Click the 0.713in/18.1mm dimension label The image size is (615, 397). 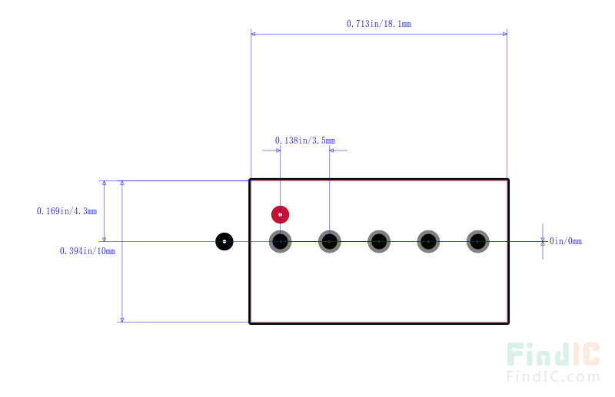pyautogui.click(x=379, y=24)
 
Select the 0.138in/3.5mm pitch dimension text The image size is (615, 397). pyautogui.click(x=305, y=141)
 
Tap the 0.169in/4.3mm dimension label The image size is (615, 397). pyautogui.click(x=67, y=211)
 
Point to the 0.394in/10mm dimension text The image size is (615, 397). pyautogui.click(x=88, y=251)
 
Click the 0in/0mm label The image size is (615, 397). pyautogui.click(x=566, y=241)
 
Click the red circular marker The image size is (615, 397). pyautogui.click(x=280, y=214)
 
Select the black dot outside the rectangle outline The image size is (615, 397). pyautogui.click(x=224, y=241)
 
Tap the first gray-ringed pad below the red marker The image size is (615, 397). pyautogui.click(x=280, y=241)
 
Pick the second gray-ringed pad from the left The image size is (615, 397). pyautogui.click(x=330, y=241)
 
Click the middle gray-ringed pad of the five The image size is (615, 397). pyautogui.click(x=379, y=241)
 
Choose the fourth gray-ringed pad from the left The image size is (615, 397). pyautogui.click(x=428, y=241)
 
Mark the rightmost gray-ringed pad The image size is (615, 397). pyautogui.click(x=477, y=241)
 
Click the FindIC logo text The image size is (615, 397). pyautogui.click(x=553, y=354)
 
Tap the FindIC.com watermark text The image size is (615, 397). pyautogui.click(x=553, y=376)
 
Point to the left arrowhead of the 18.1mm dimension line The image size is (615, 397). pyautogui.click(x=253, y=34)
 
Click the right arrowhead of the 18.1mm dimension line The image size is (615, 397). pyautogui.click(x=505, y=34)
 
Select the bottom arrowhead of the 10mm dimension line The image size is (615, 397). pyautogui.click(x=122, y=319)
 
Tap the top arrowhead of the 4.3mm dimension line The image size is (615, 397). pyautogui.click(x=104, y=183)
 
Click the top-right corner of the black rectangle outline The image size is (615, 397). pyautogui.click(x=508, y=180)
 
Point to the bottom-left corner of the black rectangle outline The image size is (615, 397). pyautogui.click(x=250, y=323)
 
